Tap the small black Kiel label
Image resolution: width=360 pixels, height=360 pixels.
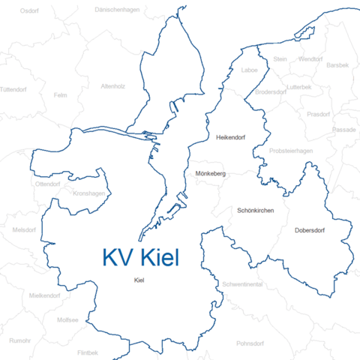point(138,280)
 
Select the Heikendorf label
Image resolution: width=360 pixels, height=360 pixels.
point(230,139)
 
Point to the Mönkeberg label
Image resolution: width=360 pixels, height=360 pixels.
point(210,174)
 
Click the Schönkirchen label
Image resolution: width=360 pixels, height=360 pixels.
point(256,211)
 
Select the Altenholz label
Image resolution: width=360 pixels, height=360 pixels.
point(112,86)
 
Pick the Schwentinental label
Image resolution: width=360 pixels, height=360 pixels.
point(242,286)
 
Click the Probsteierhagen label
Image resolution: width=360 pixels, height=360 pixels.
point(290,151)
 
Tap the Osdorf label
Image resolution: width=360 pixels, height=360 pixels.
point(29,11)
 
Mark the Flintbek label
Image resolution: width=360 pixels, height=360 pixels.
point(88,352)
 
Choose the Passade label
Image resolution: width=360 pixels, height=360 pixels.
point(344,129)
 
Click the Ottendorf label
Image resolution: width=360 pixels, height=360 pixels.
point(47,184)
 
